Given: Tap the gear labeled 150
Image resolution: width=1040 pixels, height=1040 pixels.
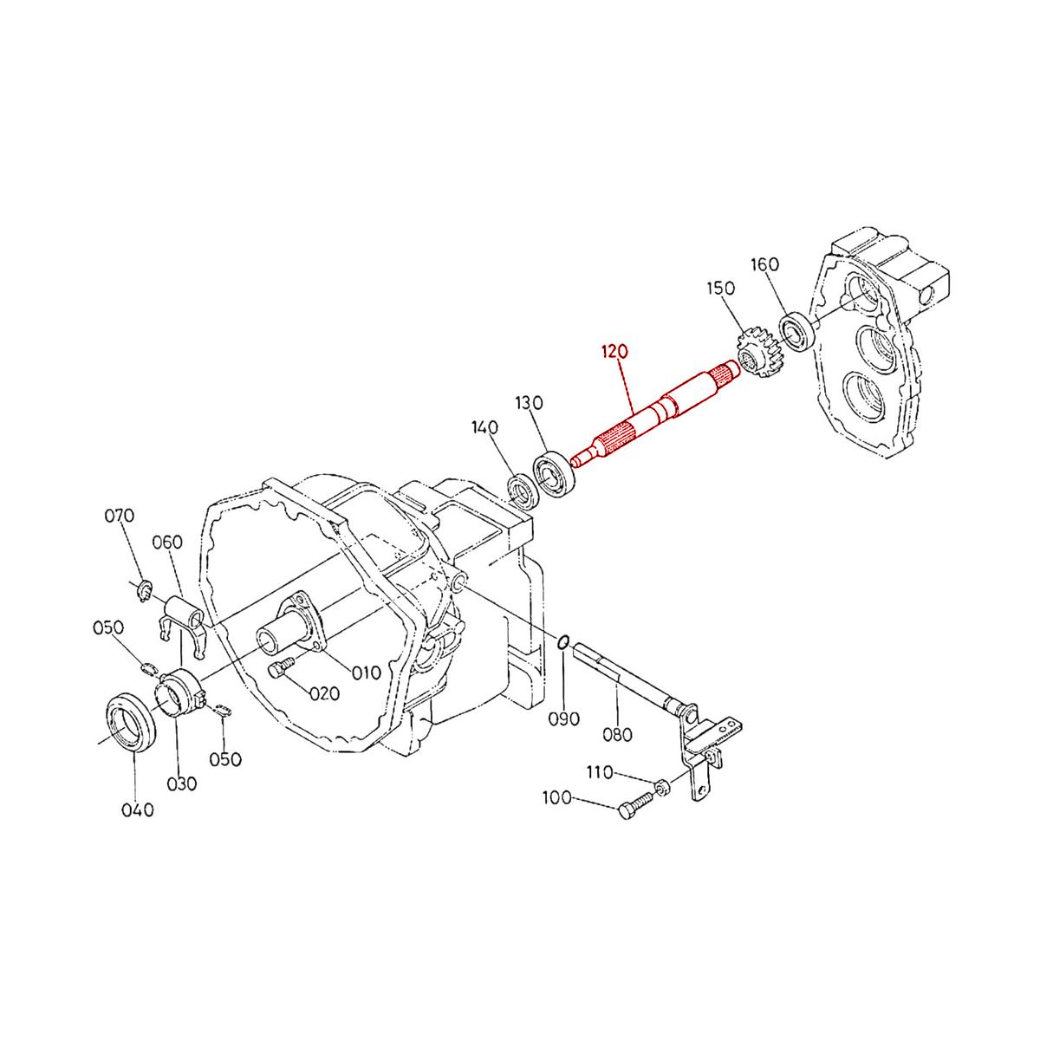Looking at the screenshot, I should [x=757, y=351].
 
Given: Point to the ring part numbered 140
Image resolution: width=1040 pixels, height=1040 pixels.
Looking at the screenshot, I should [x=523, y=491].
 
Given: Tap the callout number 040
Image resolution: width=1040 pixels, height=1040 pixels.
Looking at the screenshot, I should [x=137, y=810].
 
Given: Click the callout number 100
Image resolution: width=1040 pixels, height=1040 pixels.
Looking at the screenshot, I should [x=557, y=797].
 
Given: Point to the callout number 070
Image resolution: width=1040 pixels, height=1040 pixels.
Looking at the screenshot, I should [x=119, y=516].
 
